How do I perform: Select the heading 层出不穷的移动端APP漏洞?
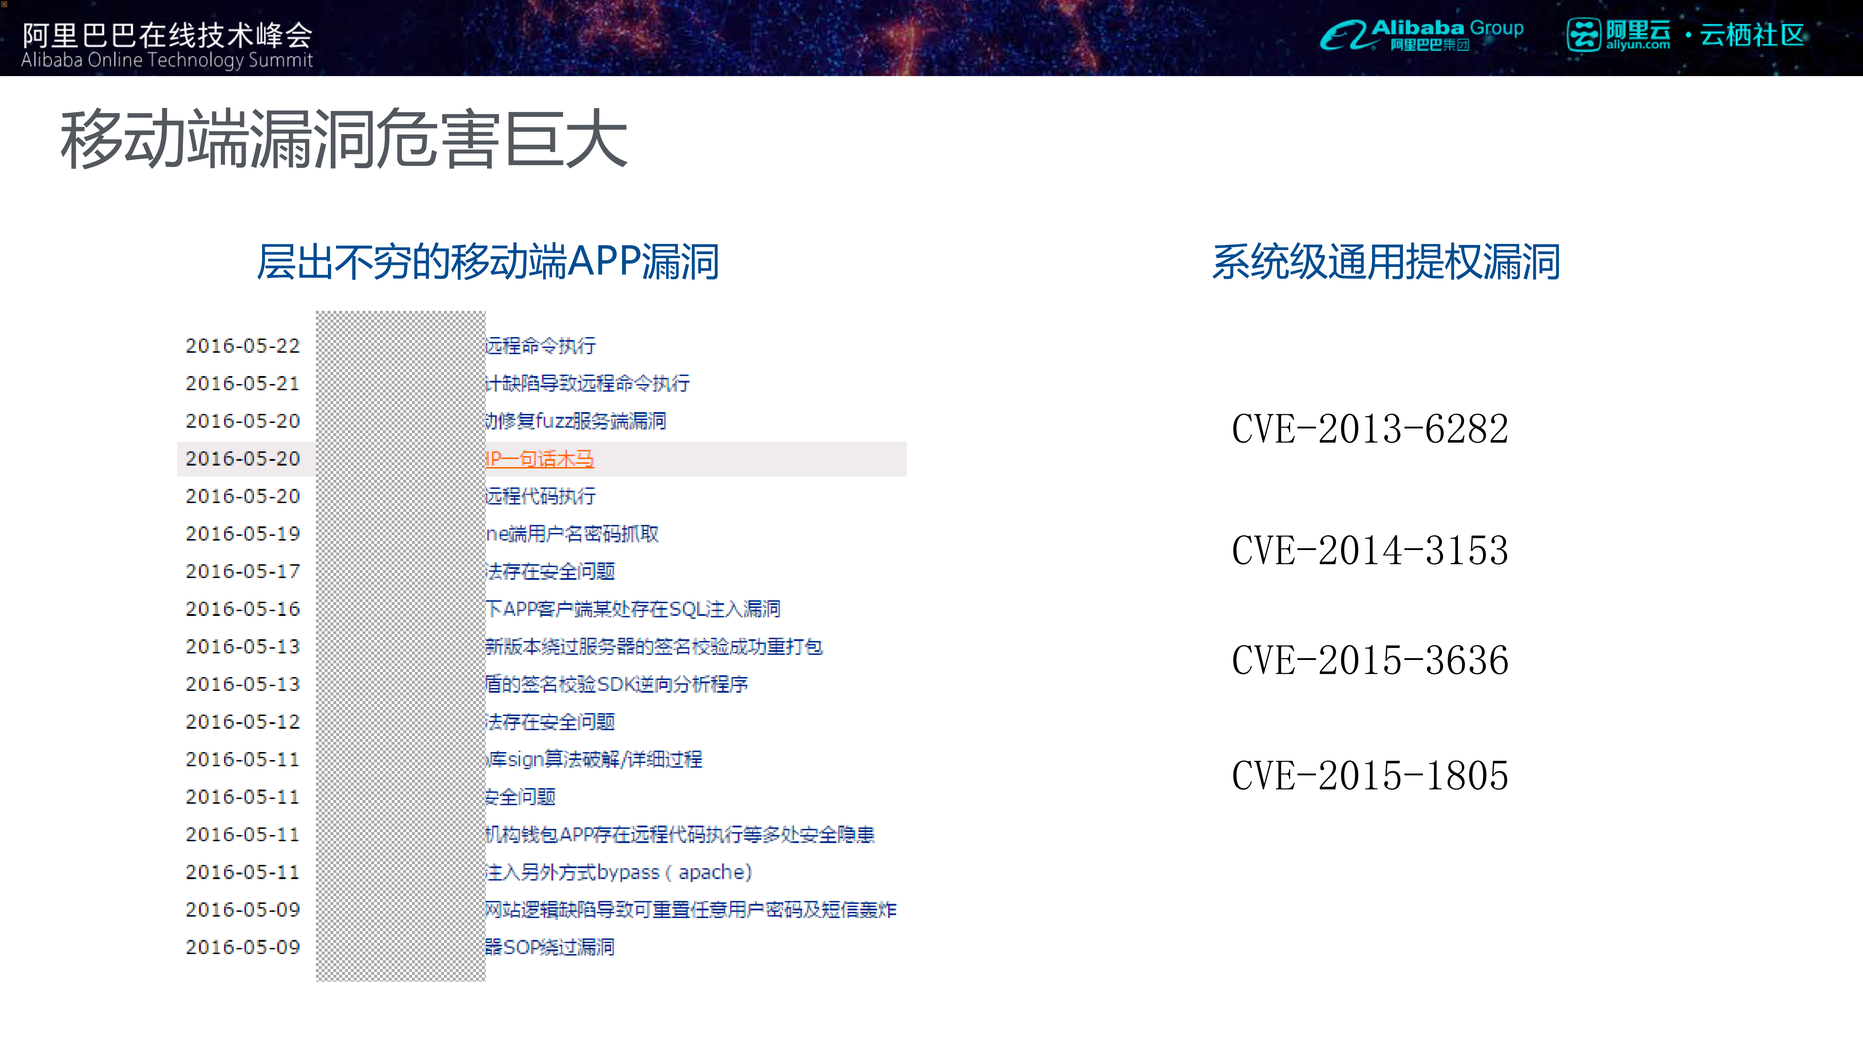click(488, 262)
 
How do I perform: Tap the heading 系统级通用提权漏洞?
click(1386, 262)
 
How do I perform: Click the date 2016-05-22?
click(242, 346)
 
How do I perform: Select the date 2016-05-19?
click(242, 534)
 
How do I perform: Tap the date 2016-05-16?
click(242, 609)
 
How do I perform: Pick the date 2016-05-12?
click(242, 722)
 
